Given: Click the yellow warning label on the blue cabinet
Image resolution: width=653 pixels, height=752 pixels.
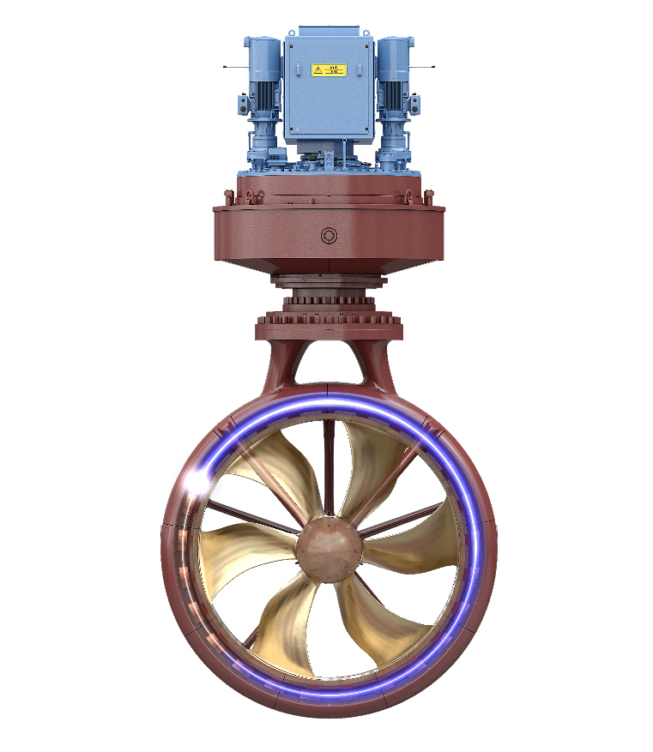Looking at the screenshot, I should (x=328, y=69).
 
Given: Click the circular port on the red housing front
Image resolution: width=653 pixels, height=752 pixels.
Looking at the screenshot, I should (x=327, y=236).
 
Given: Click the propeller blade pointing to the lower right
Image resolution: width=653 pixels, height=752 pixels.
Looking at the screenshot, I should (x=378, y=626).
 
